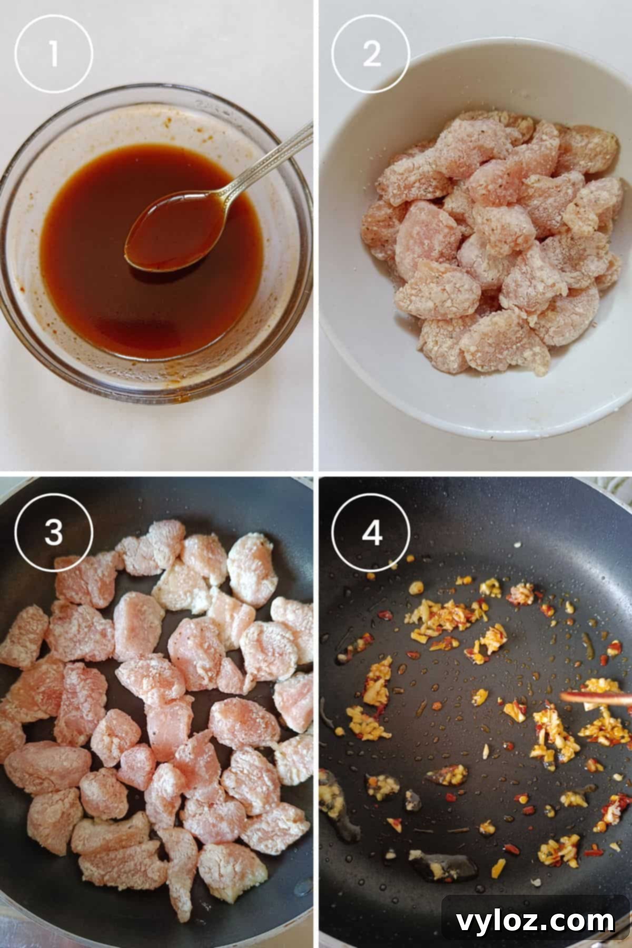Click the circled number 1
[x=53, y=54]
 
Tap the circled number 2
[x=370, y=54]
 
